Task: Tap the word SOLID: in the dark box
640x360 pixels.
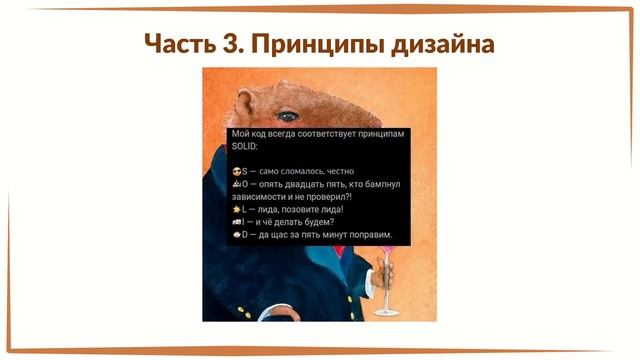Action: [x=245, y=145]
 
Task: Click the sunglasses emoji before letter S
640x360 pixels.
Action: [x=235, y=172]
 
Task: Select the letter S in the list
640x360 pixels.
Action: [x=244, y=172]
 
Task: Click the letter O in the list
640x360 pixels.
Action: [x=244, y=185]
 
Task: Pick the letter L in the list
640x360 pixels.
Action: [x=244, y=210]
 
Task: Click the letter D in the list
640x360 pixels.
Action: [x=244, y=235]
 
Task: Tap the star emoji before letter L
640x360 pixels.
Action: [x=235, y=210]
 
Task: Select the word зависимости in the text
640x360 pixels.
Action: [x=259, y=197]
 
